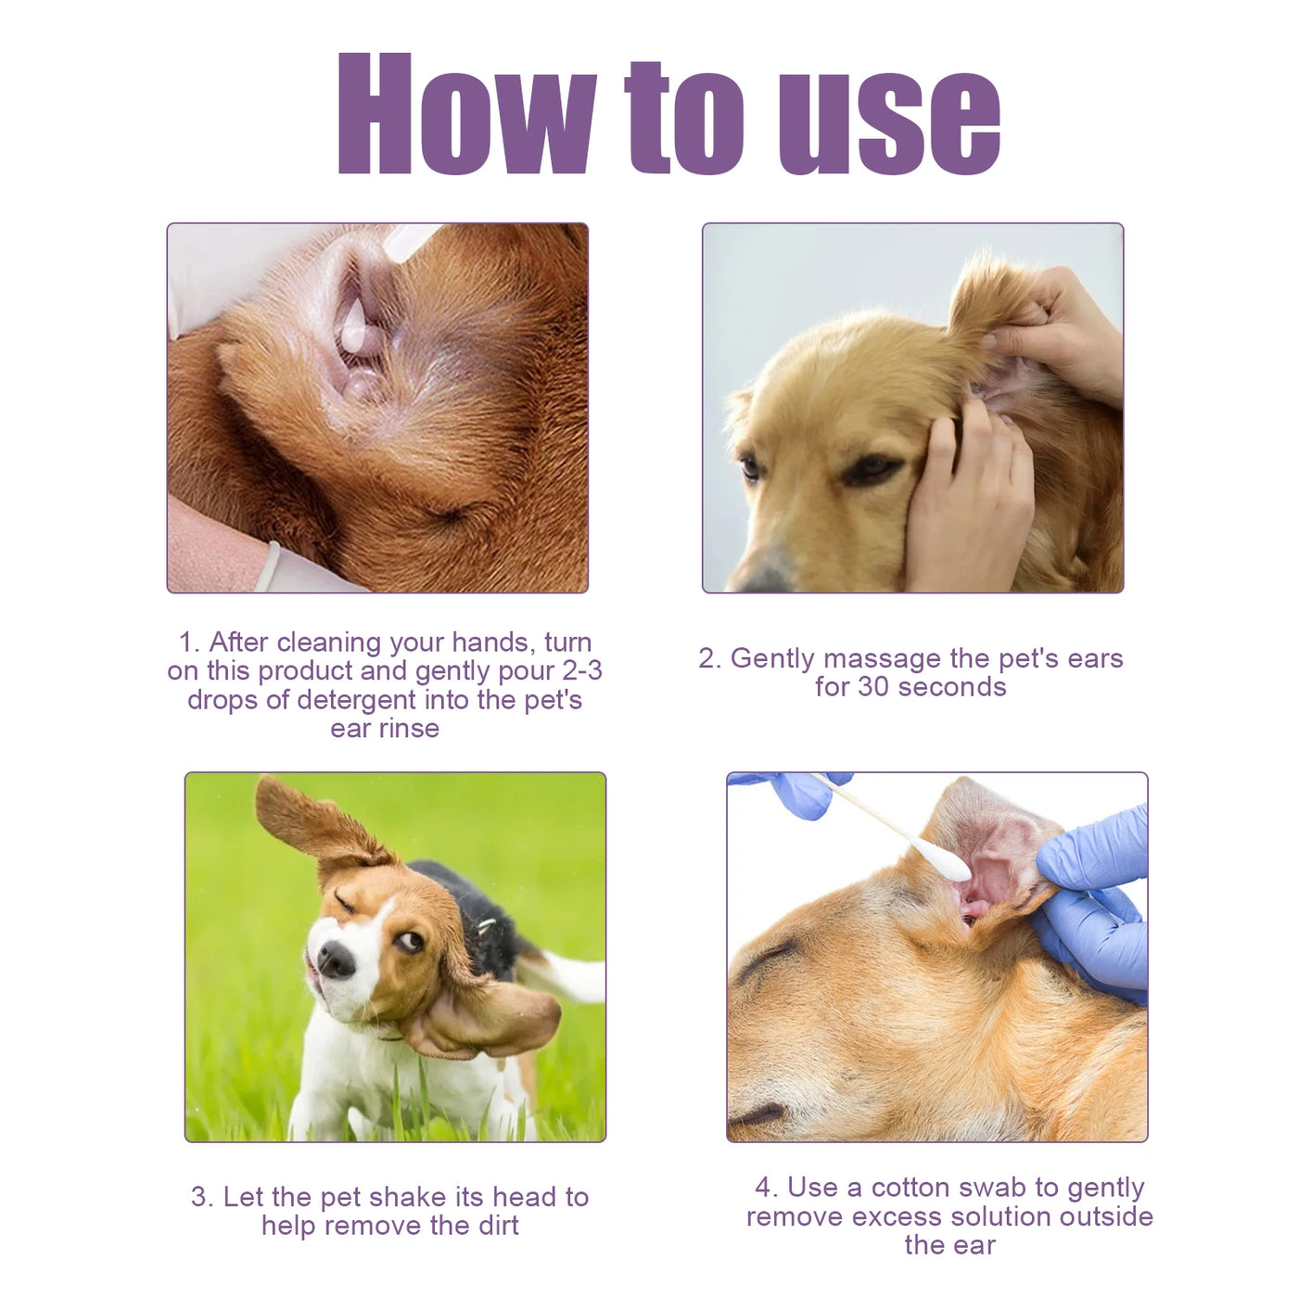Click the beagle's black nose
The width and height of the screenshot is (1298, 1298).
point(336,960)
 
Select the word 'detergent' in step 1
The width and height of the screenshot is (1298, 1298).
point(354,700)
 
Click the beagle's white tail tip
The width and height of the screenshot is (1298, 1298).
point(584,978)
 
